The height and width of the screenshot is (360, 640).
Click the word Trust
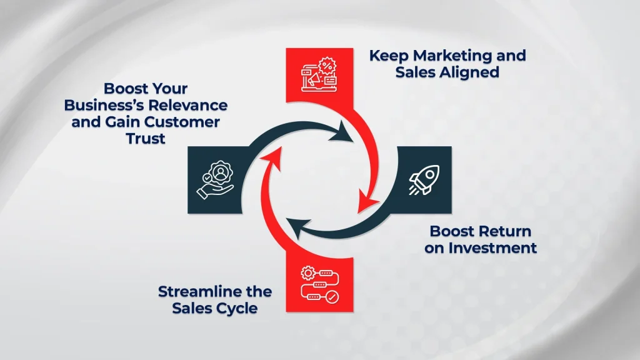click(x=144, y=137)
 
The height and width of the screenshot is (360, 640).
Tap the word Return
click(x=506, y=231)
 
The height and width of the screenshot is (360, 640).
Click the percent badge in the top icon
click(x=326, y=64)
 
